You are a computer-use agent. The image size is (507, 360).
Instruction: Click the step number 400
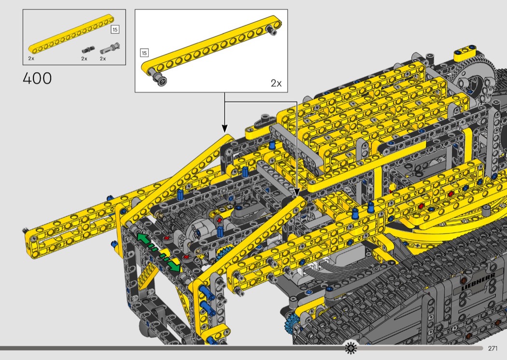[x=37, y=79]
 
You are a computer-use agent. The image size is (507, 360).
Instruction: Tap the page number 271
[x=493, y=348]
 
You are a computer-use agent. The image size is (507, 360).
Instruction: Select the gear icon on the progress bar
[x=351, y=348]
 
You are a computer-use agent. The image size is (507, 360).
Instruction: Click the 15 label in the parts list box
[x=115, y=29]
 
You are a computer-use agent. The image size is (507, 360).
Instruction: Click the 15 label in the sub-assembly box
[x=144, y=53]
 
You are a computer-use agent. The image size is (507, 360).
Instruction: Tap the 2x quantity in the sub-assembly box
[x=276, y=83]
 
